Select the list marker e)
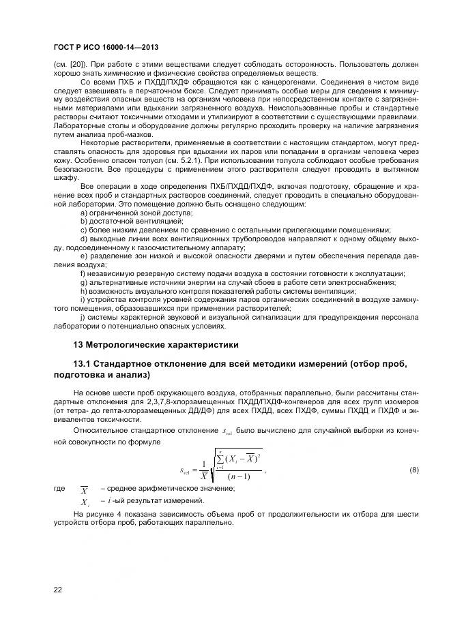click(x=84, y=256)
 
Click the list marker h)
click(x=84, y=290)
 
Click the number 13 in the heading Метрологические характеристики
click(x=78, y=344)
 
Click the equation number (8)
click(x=413, y=471)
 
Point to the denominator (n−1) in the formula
click(x=236, y=476)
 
